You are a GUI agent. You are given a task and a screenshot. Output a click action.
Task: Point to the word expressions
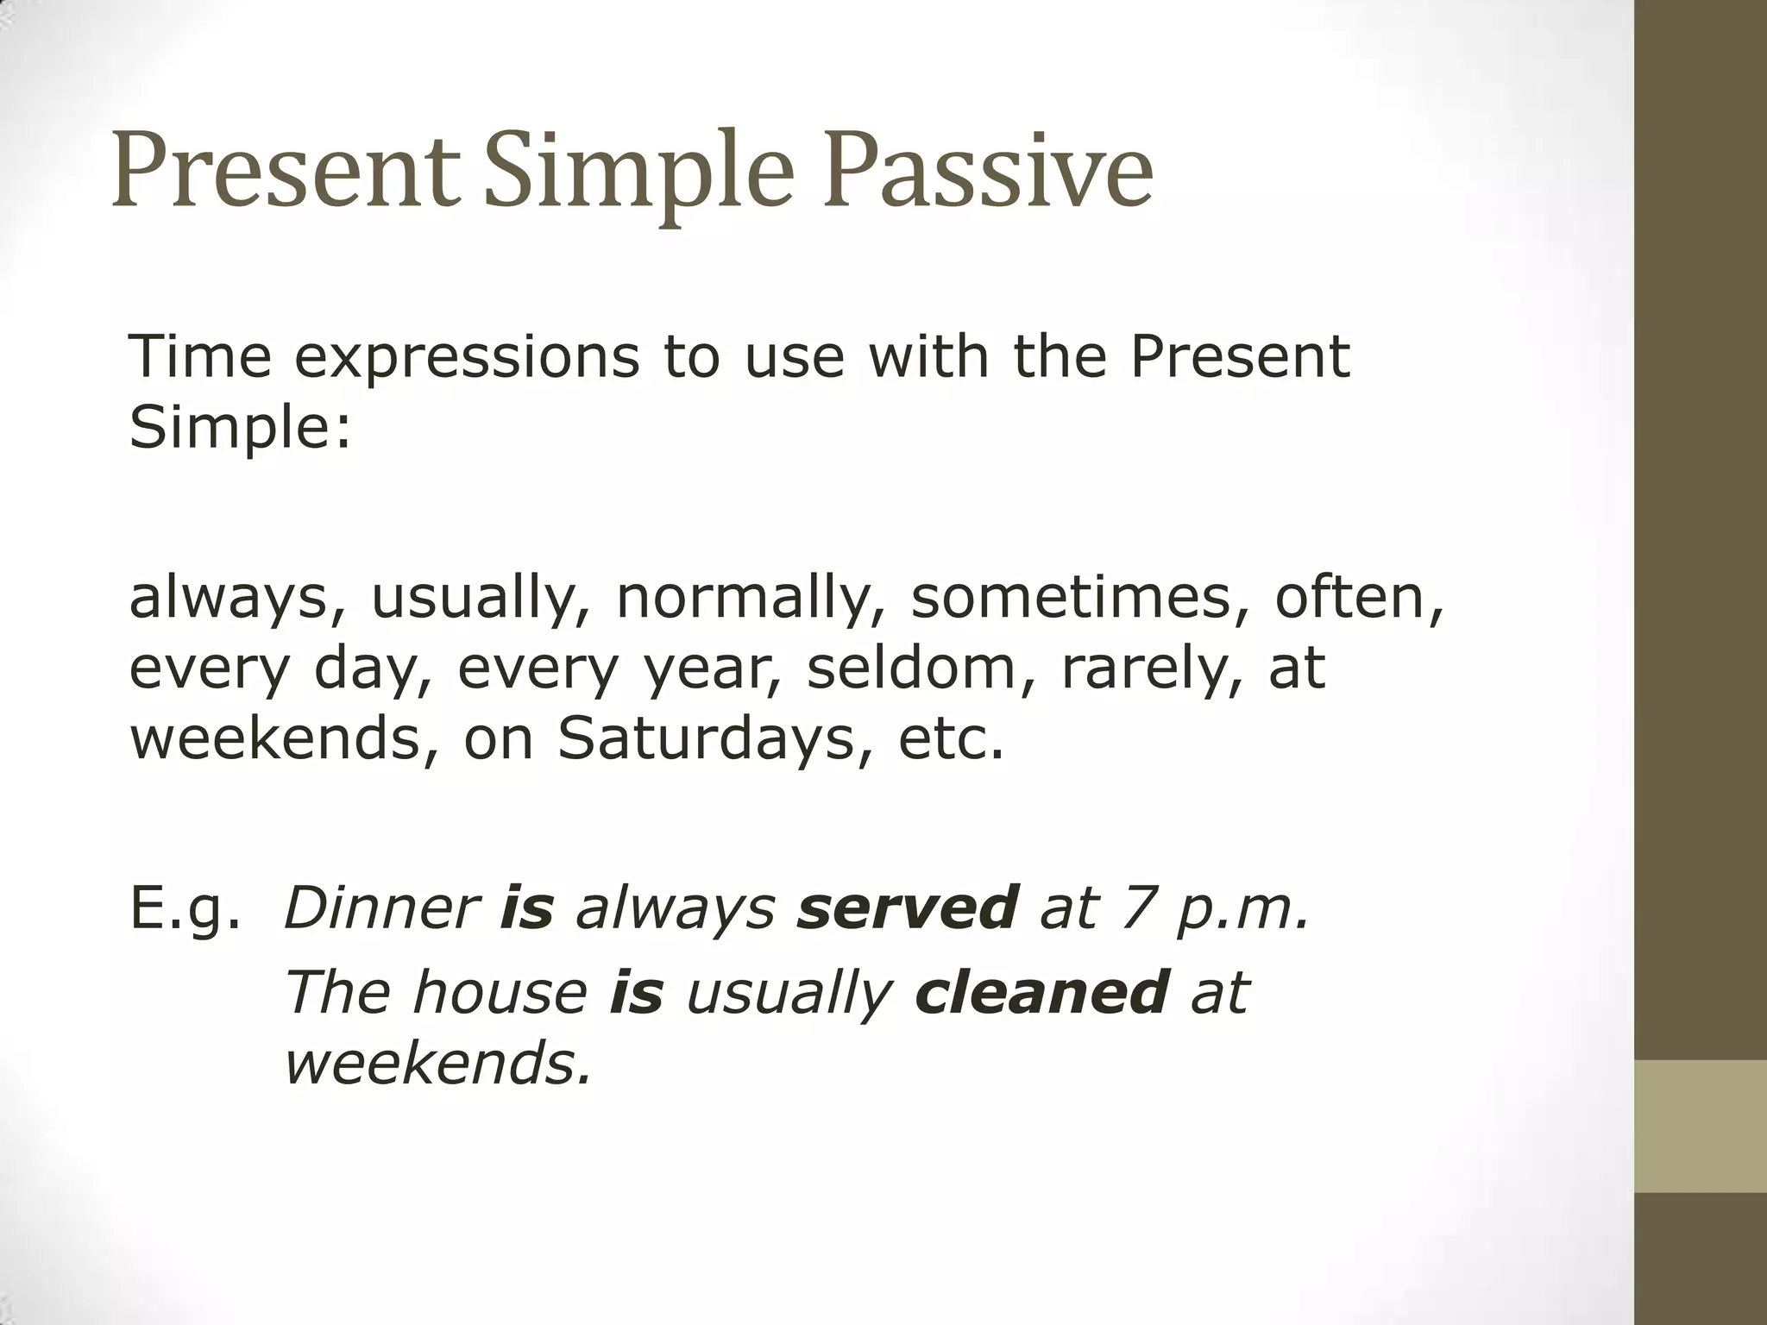(x=467, y=356)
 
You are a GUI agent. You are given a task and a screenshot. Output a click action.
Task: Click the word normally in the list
(x=751, y=598)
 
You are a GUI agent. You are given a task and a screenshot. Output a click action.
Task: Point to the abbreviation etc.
(x=951, y=739)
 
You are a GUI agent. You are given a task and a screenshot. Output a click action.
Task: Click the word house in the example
(x=500, y=992)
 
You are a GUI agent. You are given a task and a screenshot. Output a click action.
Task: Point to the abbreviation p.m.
(x=1242, y=909)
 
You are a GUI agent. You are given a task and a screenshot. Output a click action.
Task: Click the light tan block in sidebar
(x=1701, y=1127)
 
